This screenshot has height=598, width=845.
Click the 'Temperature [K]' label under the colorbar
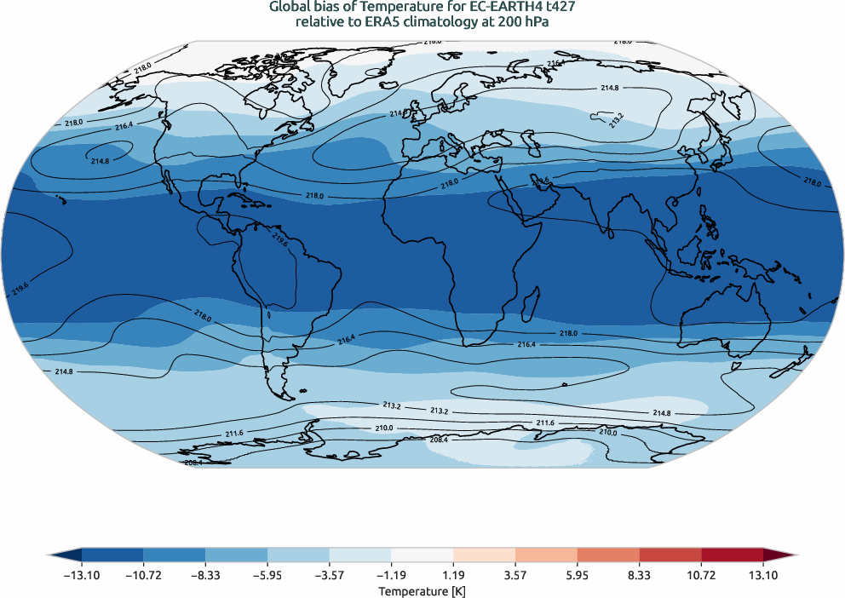(422, 590)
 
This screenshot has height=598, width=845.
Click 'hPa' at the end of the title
(534, 23)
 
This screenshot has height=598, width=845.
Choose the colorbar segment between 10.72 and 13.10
(732, 555)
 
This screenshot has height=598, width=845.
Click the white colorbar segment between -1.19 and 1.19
(422, 555)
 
